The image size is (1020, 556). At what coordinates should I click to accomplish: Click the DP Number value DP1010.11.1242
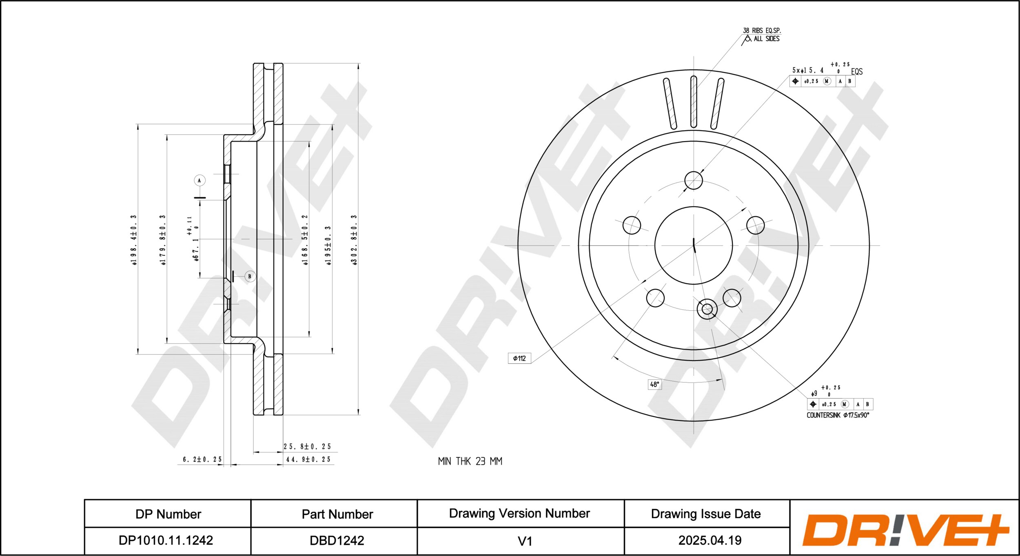click(166, 540)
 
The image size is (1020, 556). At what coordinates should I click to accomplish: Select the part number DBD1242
click(337, 540)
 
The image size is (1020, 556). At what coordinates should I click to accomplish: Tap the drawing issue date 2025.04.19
click(710, 540)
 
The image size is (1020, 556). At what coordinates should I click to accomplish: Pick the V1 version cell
click(525, 541)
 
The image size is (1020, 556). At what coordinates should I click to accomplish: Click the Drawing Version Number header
click(519, 513)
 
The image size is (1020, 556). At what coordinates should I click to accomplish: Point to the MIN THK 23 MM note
click(470, 461)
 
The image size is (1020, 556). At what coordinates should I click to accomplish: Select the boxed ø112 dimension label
click(519, 358)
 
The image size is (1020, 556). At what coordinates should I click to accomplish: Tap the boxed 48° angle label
click(654, 384)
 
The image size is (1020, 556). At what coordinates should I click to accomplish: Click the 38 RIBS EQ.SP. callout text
click(762, 31)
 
